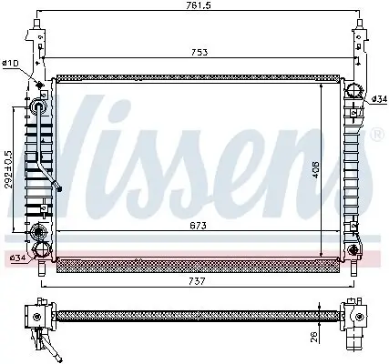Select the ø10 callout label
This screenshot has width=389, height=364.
click(11, 63)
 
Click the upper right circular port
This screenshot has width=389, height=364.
click(353, 89)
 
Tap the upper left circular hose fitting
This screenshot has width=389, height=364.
click(38, 106)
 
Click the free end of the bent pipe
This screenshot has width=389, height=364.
click(60, 190)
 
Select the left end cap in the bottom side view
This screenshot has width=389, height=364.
click(39, 318)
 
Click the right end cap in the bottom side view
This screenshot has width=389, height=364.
click(353, 318)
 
